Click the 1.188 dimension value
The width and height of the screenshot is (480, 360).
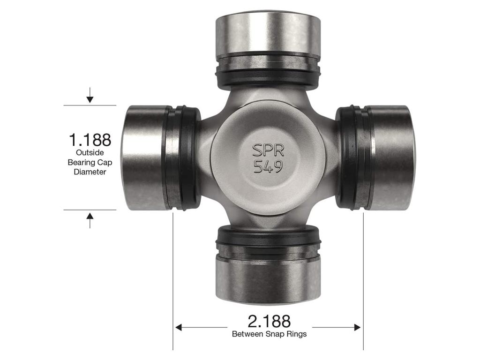(90, 140)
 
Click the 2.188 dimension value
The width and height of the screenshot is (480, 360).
(269, 321)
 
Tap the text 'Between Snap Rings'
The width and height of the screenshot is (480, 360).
(269, 334)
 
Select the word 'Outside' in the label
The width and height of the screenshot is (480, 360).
(90, 153)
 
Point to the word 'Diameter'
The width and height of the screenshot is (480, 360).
(90, 172)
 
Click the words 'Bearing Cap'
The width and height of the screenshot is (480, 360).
(90, 162)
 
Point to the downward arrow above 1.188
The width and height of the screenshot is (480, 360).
(90, 98)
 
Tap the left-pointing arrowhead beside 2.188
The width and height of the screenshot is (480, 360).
(179, 327)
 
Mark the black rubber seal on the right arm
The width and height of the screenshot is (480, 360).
(348, 157)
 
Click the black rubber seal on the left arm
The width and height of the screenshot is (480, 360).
(189, 157)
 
